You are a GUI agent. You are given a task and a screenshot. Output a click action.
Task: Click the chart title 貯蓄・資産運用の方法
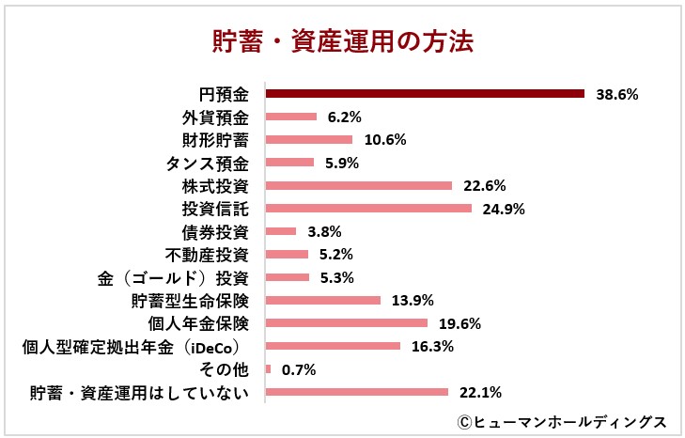342,42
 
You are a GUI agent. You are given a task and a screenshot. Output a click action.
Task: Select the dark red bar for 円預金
425,94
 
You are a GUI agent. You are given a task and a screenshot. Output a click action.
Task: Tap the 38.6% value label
617,94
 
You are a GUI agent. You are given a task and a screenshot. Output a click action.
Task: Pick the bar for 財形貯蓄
309,140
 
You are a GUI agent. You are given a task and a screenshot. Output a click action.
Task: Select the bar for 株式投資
359,185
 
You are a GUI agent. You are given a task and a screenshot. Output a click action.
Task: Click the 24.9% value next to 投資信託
501,209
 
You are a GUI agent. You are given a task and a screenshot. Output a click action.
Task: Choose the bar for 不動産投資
288,254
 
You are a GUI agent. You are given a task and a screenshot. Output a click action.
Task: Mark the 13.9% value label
411,300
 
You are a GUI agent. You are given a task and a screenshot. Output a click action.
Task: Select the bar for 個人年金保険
347,323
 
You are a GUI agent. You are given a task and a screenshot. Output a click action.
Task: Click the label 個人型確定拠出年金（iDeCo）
134,346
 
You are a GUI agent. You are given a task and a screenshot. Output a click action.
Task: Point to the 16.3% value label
432,346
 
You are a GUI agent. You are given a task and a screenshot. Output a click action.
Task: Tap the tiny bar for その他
269,369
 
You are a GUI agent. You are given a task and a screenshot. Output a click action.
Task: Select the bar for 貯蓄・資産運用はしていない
357,392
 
